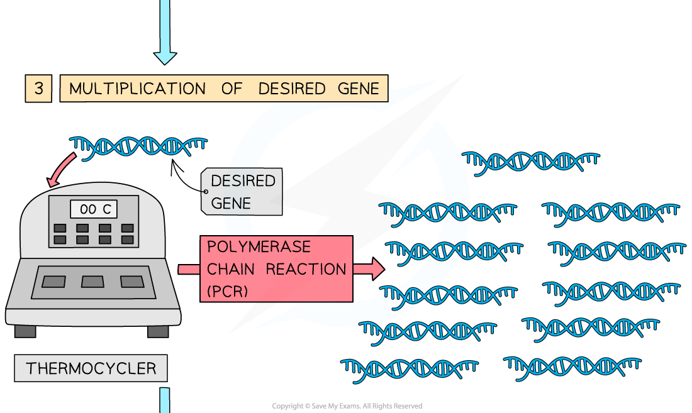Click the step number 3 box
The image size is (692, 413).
(38, 89)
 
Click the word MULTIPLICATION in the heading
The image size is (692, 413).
(137, 89)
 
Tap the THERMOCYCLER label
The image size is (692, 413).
(91, 368)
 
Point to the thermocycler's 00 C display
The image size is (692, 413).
(94, 209)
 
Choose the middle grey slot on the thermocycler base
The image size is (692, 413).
(93, 282)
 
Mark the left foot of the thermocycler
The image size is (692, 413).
(25, 331)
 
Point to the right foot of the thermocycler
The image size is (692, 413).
(158, 331)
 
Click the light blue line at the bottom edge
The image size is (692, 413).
(165, 400)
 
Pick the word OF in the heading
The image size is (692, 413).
(232, 89)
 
